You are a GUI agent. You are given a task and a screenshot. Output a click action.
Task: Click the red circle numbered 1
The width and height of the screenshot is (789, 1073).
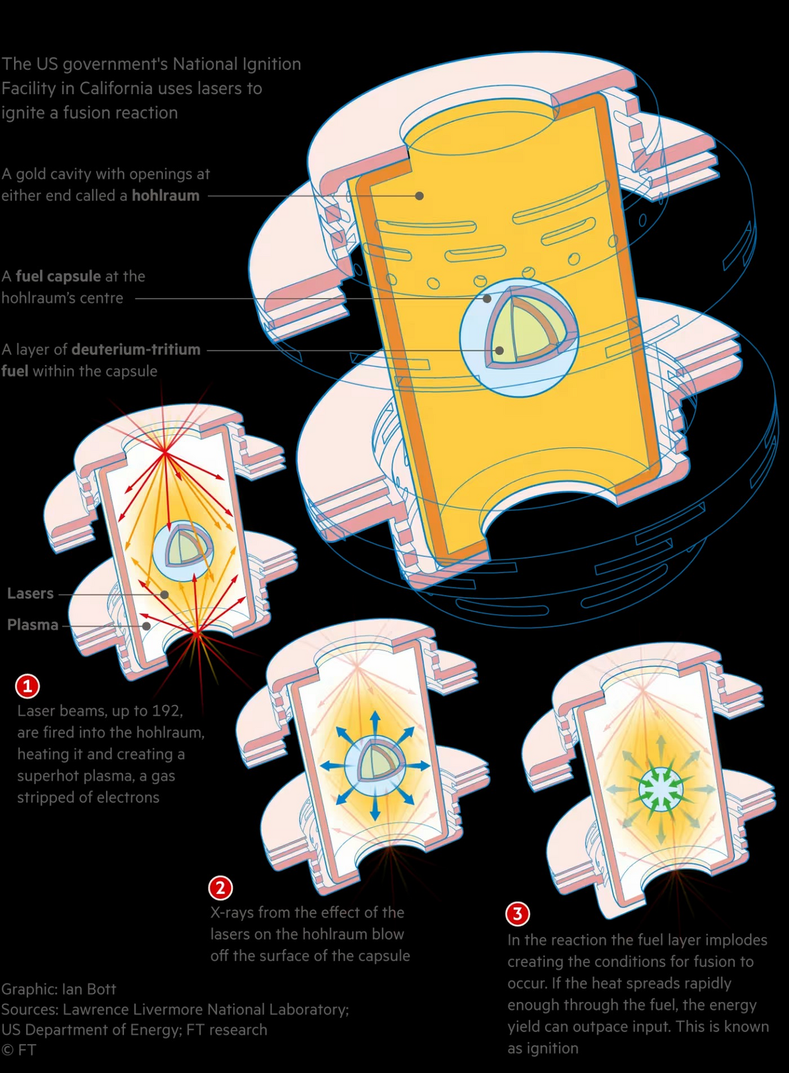pyautogui.click(x=27, y=685)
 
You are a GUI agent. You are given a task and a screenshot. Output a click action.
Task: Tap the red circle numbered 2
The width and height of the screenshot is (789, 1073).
pyautogui.click(x=221, y=888)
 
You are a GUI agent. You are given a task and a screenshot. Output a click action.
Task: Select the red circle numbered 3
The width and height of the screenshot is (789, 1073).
pyautogui.click(x=518, y=913)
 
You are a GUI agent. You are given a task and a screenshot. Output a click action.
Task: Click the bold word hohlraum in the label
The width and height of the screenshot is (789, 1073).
pyautogui.click(x=166, y=196)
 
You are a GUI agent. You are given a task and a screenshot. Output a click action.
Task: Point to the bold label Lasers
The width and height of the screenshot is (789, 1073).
pyautogui.click(x=30, y=594)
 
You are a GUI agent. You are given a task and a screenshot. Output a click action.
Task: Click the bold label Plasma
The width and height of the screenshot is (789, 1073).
pyautogui.click(x=33, y=625)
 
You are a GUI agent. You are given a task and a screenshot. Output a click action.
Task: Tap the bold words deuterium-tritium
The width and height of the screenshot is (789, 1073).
pyautogui.click(x=136, y=349)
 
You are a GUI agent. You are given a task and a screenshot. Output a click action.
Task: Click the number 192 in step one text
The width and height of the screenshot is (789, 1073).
pyautogui.click(x=168, y=711)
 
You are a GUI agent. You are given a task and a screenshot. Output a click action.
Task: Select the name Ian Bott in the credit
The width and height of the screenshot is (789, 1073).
pyautogui.click(x=88, y=989)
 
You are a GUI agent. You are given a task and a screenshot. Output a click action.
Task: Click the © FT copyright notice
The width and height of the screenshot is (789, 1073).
pyautogui.click(x=19, y=1050)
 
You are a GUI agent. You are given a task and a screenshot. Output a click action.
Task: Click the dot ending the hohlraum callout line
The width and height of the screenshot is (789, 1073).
pyautogui.click(x=419, y=196)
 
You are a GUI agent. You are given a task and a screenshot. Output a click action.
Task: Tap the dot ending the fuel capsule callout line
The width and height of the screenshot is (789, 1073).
pyautogui.click(x=487, y=298)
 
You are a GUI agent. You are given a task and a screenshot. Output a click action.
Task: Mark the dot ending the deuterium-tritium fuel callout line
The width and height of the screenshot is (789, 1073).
pyautogui.click(x=499, y=350)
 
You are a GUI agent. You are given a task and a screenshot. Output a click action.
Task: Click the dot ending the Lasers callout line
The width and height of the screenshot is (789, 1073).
pyautogui.click(x=164, y=594)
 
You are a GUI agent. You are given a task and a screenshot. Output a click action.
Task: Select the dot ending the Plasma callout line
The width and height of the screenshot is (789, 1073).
pyautogui.click(x=146, y=626)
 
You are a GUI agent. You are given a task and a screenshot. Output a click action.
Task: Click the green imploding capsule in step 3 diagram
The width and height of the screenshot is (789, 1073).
pyautogui.click(x=661, y=789)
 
